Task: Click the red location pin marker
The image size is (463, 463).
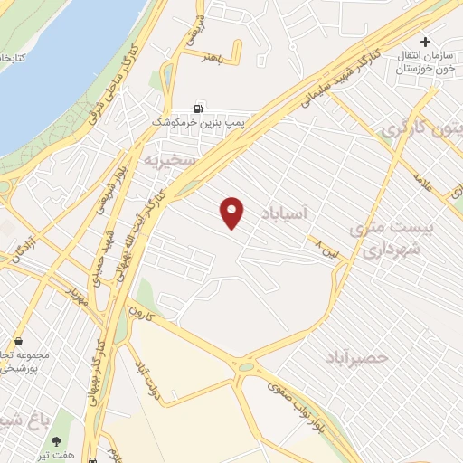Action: (x=232, y=212)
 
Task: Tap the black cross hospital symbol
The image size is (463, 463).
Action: (x=425, y=42)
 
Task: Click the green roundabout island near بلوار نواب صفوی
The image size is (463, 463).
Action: (x=246, y=367)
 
